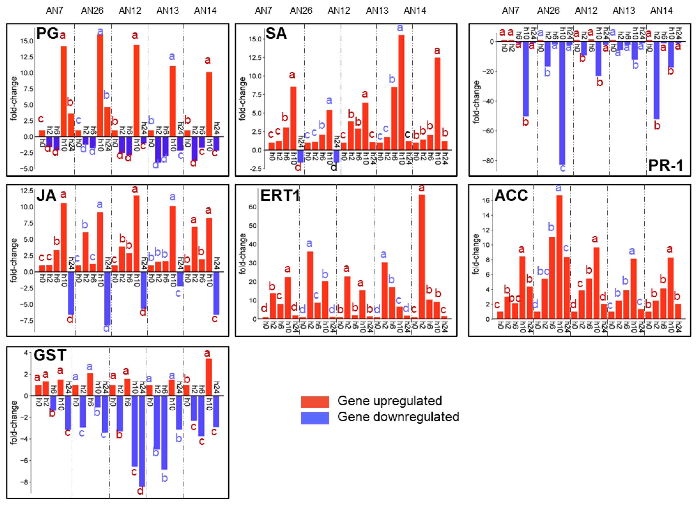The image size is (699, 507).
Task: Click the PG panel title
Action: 47,33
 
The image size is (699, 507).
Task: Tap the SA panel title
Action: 276,33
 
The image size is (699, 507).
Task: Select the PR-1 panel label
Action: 665,166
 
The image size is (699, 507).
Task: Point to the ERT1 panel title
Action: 280,196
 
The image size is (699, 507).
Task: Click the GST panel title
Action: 50,355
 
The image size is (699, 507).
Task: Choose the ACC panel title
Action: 511,196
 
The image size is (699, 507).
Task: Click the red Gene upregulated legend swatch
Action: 315,402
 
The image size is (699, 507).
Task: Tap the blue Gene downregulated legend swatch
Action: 315,418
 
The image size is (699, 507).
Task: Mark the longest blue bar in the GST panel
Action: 142,441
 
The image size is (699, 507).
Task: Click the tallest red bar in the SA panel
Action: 401,92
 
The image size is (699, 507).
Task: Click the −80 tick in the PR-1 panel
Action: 487,161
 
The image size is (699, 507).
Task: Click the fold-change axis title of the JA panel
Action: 14,260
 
